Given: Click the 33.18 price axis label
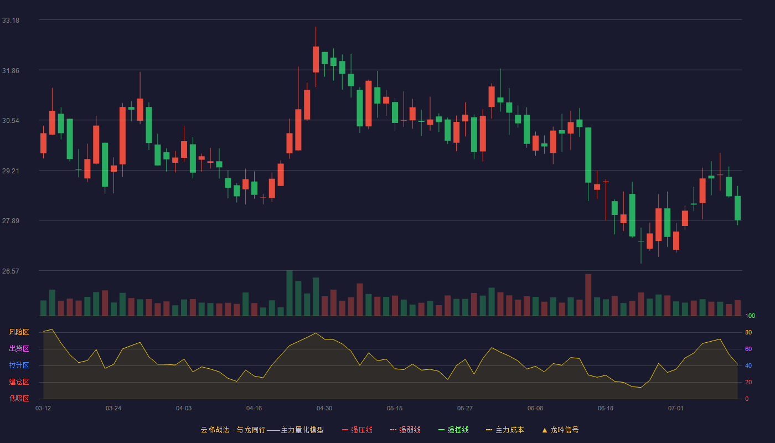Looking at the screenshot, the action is [x=11, y=20].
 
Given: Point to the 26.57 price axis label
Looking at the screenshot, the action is [x=11, y=271].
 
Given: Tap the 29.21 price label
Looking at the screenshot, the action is [x=11, y=171].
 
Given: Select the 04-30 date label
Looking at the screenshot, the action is [x=324, y=409].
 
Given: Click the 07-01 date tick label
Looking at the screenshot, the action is [x=676, y=409].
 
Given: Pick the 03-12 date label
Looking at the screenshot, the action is [x=43, y=409].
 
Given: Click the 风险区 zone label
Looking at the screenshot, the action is [x=19, y=332].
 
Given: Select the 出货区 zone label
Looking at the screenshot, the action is [x=19, y=348].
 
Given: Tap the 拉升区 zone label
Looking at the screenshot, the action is [x=19, y=365].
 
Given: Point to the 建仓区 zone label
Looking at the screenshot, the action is [x=19, y=382].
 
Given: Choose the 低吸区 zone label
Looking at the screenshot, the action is [x=19, y=398].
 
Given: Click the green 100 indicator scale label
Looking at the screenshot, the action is [x=750, y=316].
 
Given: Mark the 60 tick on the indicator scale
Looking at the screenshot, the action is [x=748, y=349].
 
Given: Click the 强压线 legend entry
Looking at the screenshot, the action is [x=357, y=430].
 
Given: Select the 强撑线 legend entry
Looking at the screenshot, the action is [x=453, y=430].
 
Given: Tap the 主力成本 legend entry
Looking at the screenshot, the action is [x=505, y=430].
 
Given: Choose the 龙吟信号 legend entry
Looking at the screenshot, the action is [x=560, y=430].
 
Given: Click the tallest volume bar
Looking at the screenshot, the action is [x=290, y=293].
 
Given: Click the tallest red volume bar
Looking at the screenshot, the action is [x=588, y=295].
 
